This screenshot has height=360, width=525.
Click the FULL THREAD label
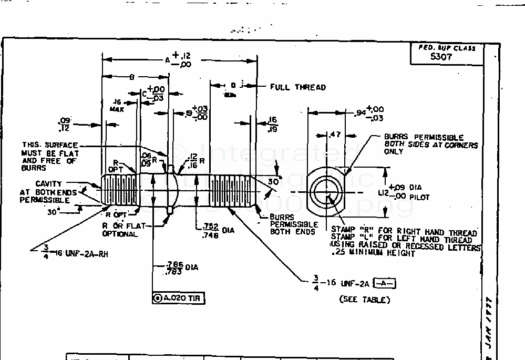pyautogui.click(x=298, y=87)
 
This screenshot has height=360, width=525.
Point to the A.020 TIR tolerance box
pyautogui.click(x=178, y=299)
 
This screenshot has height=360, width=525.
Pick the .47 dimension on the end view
pyautogui.click(x=334, y=135)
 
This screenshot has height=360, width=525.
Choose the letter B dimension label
pyautogui.click(x=132, y=77)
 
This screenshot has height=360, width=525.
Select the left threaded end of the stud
pyautogui.click(x=120, y=191)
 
